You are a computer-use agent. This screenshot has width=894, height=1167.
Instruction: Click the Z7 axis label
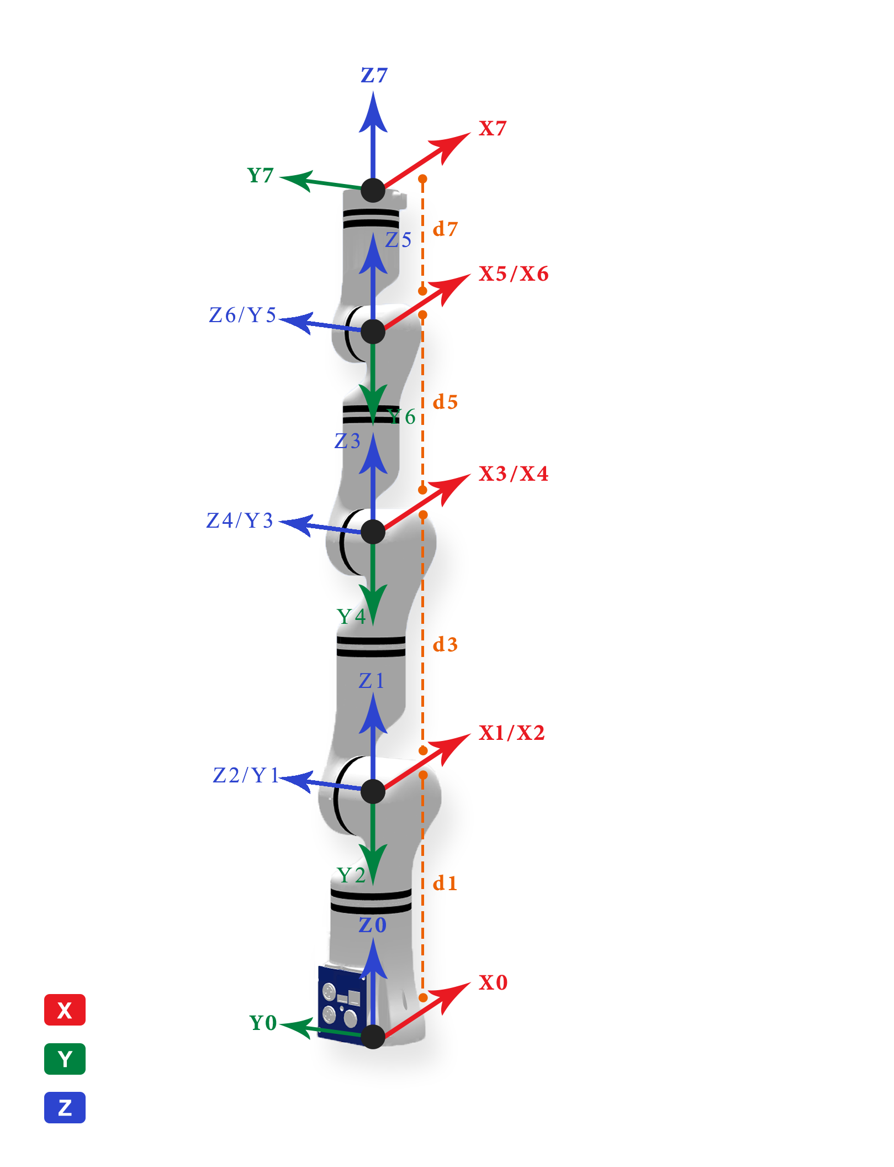point(374,75)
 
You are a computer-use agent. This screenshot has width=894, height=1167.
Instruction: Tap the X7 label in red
point(493,128)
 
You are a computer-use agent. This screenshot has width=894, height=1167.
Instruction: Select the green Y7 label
point(261,175)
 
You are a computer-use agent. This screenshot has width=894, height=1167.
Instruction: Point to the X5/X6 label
point(514,274)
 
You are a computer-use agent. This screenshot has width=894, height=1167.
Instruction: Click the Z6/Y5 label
point(242,315)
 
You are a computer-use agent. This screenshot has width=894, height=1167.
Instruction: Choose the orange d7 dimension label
point(445,229)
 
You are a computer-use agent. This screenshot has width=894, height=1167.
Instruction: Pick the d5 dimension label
point(445,402)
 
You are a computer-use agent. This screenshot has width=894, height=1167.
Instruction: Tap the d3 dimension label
point(445,644)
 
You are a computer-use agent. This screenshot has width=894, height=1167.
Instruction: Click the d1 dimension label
point(445,883)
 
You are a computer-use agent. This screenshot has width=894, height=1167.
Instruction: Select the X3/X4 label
point(514,474)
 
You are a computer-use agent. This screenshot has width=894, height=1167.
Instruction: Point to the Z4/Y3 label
point(240,521)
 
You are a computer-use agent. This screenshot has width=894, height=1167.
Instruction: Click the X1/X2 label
point(512,733)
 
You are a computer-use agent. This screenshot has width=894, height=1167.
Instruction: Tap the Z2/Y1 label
point(246,775)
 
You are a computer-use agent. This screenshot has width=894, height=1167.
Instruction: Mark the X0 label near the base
point(493,982)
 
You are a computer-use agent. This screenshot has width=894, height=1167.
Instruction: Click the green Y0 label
point(263,1023)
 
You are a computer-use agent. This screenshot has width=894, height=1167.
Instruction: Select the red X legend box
point(65,1010)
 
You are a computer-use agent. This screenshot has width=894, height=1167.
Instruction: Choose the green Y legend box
point(65,1059)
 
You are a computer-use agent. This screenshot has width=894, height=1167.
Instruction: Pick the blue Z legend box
point(65,1107)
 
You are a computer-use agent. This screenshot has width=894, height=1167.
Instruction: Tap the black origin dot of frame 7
point(373,190)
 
